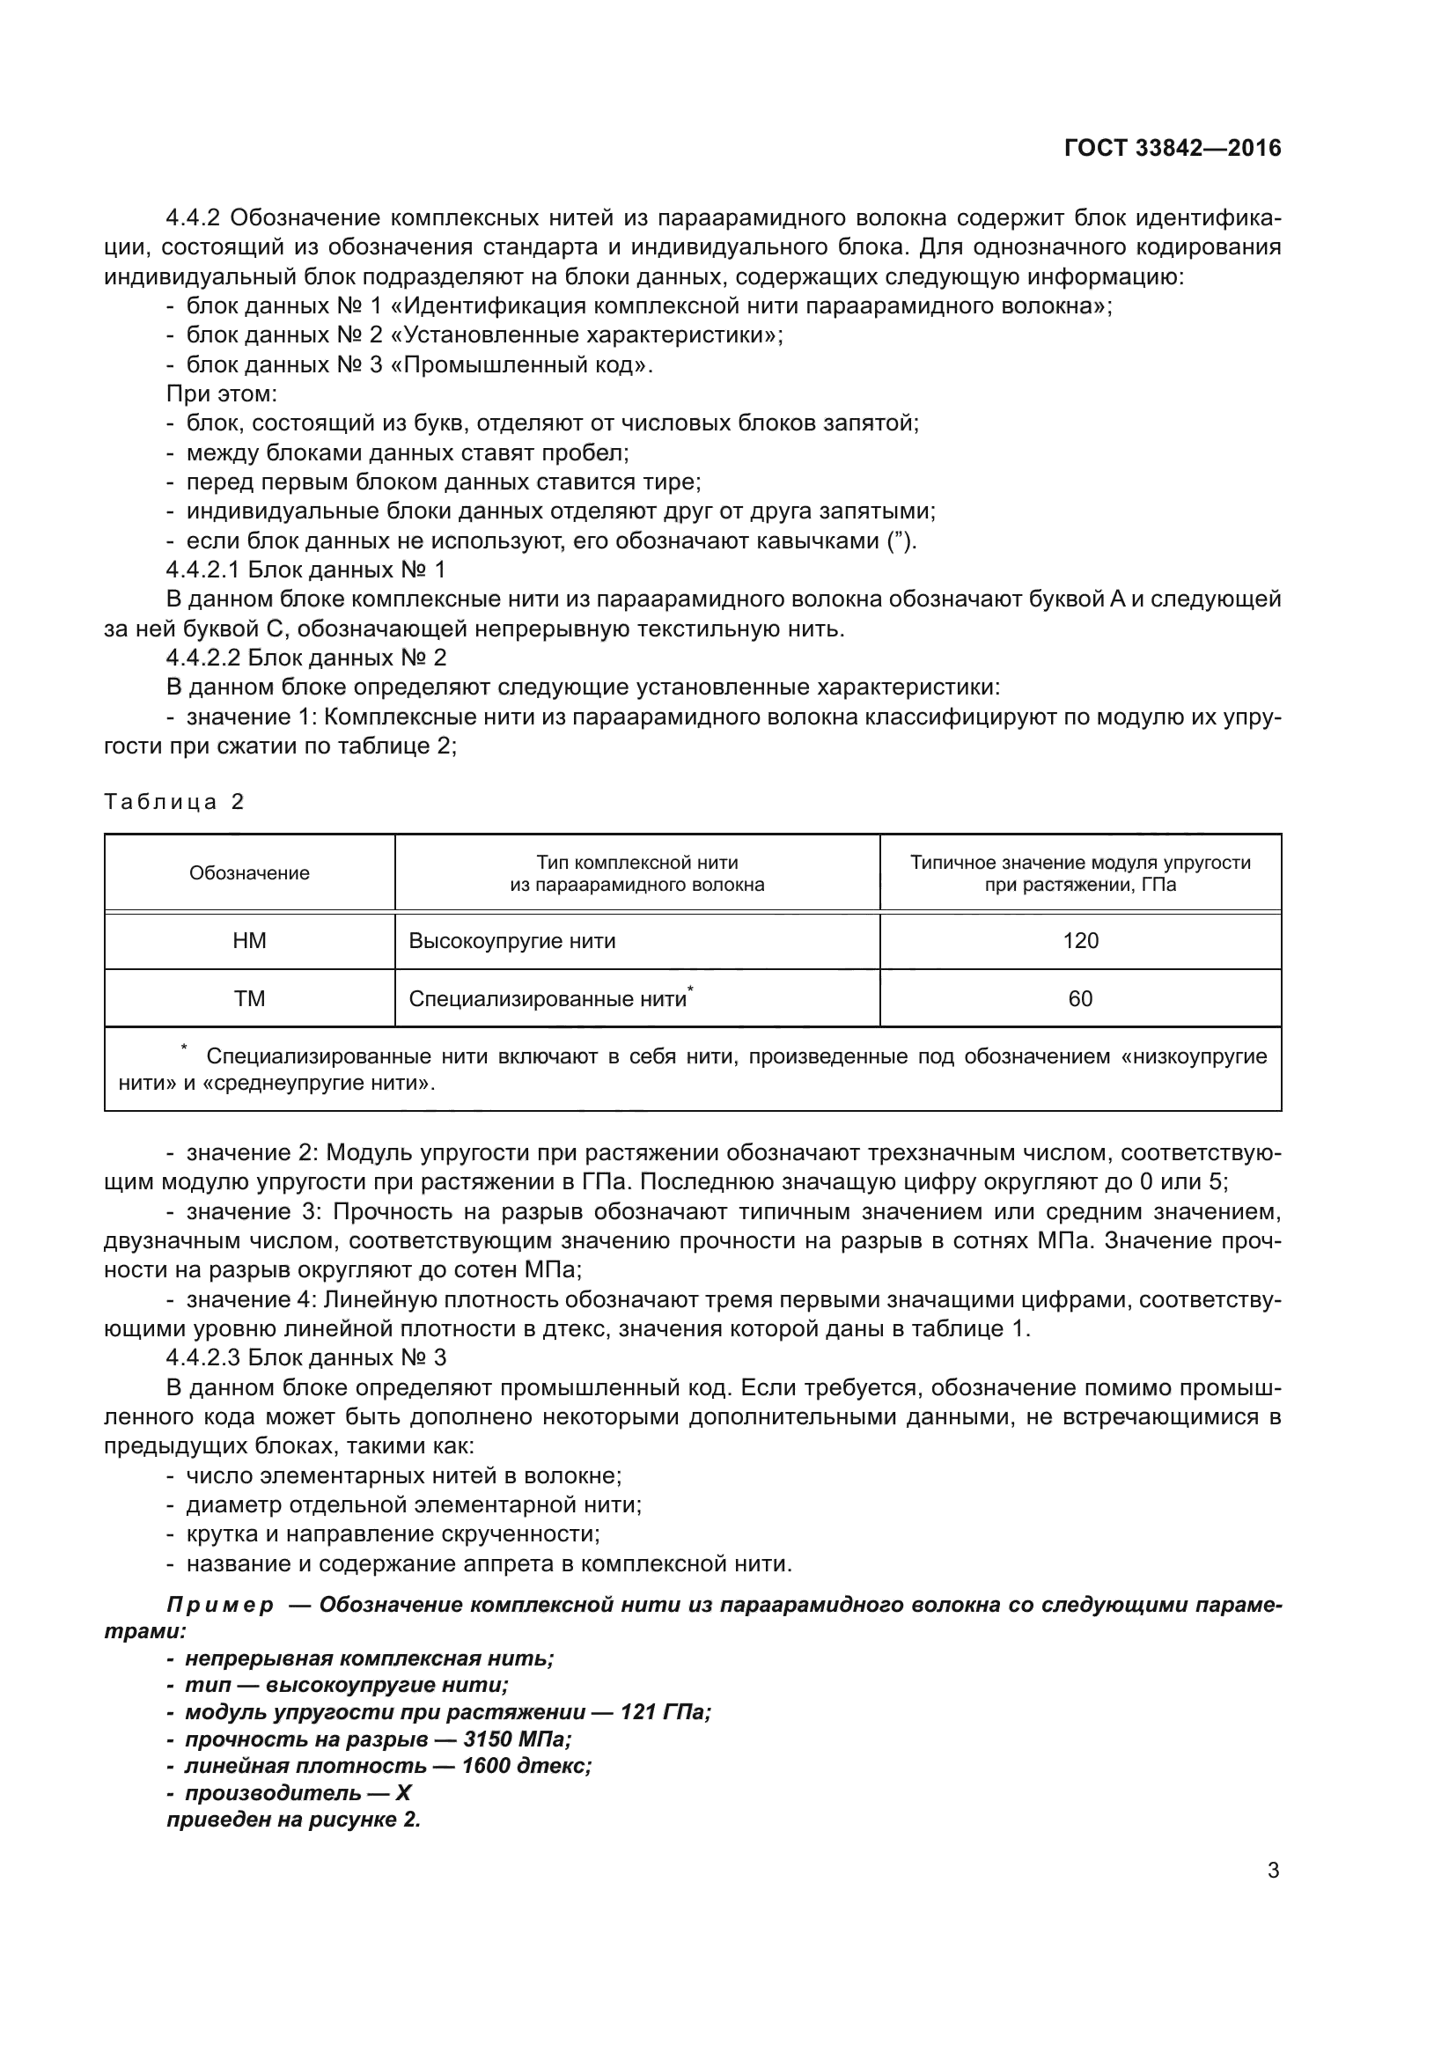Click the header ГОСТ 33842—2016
tap(1173, 148)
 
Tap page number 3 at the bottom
tap(1273, 1871)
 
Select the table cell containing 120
tap(1080, 941)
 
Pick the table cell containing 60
tap(1080, 999)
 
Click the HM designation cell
tap(249, 941)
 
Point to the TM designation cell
tap(249, 999)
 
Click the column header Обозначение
tap(249, 873)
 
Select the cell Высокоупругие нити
tap(512, 941)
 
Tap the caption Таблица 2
tap(174, 802)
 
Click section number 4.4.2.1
tap(203, 570)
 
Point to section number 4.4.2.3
tap(203, 1357)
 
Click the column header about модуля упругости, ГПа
tap(1080, 873)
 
